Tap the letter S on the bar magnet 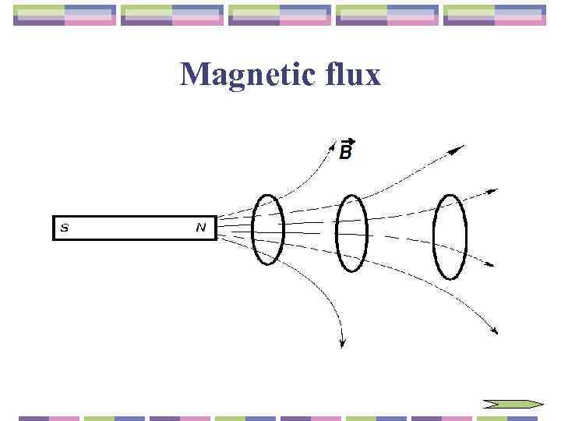(x=65, y=228)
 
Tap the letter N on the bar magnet (x=201, y=228)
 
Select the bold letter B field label (x=346, y=153)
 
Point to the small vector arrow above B (x=348, y=141)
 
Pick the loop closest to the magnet (x=268, y=228)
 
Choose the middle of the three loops (x=351, y=232)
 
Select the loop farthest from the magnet (x=450, y=236)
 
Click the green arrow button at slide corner (x=512, y=404)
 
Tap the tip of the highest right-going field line (x=461, y=146)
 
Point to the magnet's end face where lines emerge (x=215, y=228)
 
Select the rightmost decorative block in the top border (x=494, y=16)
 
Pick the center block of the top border (x=280, y=16)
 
